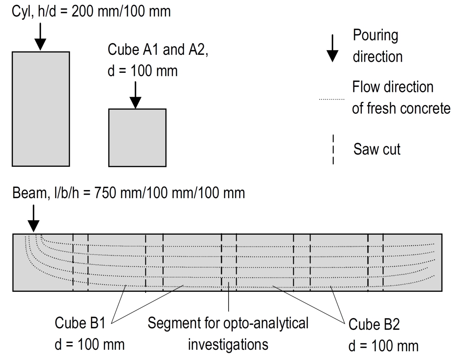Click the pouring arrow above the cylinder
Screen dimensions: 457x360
click(x=40, y=37)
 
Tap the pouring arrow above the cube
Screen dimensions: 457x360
click(x=136, y=95)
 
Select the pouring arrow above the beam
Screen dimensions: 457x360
click(x=34, y=218)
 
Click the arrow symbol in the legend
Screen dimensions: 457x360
click(x=332, y=48)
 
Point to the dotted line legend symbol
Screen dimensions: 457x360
click(x=332, y=99)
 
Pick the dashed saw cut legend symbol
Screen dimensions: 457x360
click(x=333, y=149)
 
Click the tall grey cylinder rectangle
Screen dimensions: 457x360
click(x=41, y=109)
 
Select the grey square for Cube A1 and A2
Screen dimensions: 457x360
click(x=137, y=138)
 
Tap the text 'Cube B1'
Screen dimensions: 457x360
click(x=80, y=323)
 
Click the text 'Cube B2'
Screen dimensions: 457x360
click(x=374, y=324)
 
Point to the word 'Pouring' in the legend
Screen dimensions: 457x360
click(x=376, y=36)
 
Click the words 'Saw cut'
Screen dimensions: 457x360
click(x=377, y=149)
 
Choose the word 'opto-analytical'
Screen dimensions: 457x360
click(x=266, y=323)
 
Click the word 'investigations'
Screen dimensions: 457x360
click(x=228, y=345)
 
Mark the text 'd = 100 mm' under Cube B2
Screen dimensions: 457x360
click(x=383, y=346)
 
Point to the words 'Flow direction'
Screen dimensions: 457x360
click(x=393, y=87)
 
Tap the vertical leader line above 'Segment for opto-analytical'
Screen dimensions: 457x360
click(x=228, y=297)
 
